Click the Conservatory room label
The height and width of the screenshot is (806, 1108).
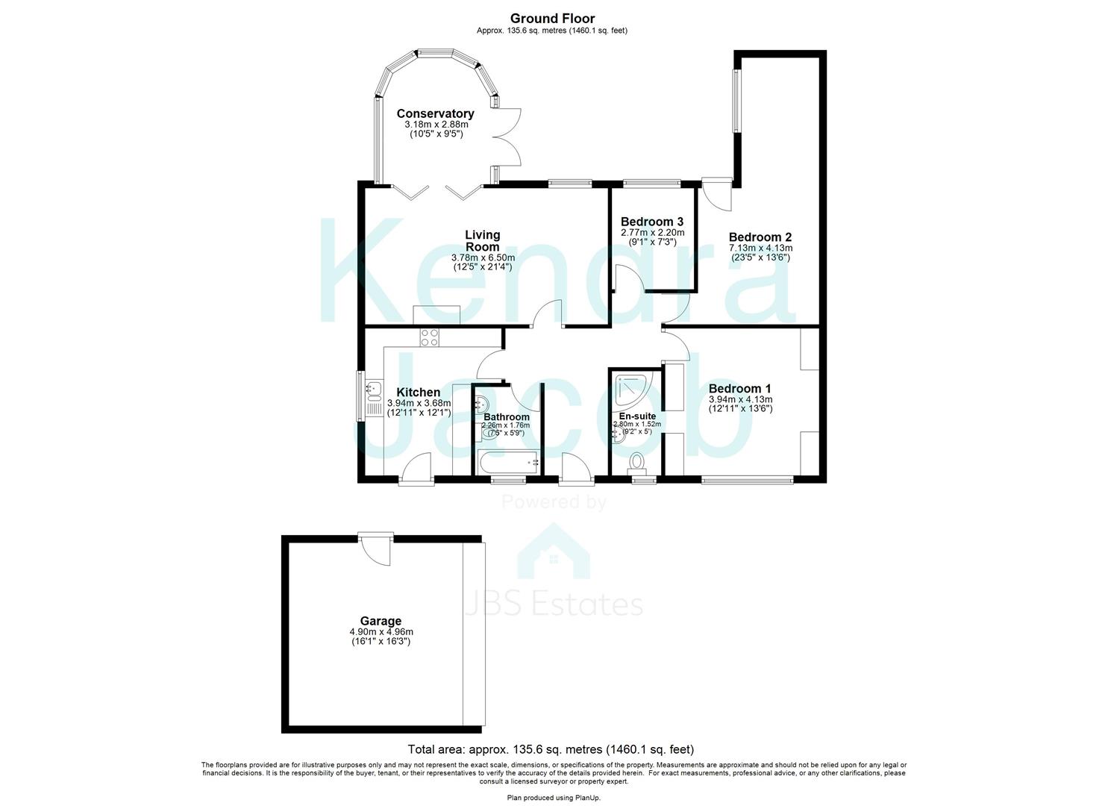pyautogui.click(x=435, y=113)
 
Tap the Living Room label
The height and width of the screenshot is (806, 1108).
pyautogui.click(x=483, y=241)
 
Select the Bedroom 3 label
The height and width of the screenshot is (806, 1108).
pyautogui.click(x=652, y=222)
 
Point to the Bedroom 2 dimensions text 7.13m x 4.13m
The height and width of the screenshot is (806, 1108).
pyautogui.click(x=760, y=248)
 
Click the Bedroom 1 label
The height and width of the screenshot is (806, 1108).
pyautogui.click(x=739, y=389)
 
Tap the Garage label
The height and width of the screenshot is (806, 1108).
pyautogui.click(x=381, y=621)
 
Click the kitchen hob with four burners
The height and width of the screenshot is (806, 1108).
pyautogui.click(x=430, y=337)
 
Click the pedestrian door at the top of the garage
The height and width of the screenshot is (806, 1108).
pyautogui.click(x=375, y=549)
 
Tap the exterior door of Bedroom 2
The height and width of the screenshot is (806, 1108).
pyautogui.click(x=717, y=193)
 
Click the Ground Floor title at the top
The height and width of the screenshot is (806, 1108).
pyautogui.click(x=553, y=19)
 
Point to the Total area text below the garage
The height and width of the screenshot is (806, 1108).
pyautogui.click(x=551, y=749)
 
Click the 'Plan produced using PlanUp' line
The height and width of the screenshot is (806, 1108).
pyautogui.click(x=554, y=798)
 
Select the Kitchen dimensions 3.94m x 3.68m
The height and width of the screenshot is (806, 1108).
pyautogui.click(x=419, y=403)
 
